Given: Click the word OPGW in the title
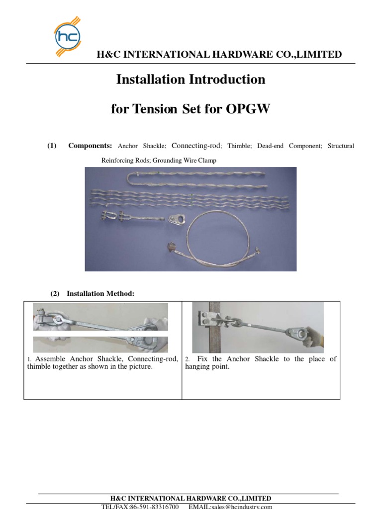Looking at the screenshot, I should (x=248, y=109).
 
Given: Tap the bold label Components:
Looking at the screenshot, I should (x=90, y=146).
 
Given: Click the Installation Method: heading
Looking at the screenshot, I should (x=100, y=294).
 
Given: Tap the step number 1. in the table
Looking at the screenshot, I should (x=30, y=359).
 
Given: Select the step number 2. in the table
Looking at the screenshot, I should (x=187, y=359).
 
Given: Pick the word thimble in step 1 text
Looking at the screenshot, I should (x=40, y=367).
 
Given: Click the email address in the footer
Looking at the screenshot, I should (x=230, y=507).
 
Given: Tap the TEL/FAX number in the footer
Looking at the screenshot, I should (x=140, y=507).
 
